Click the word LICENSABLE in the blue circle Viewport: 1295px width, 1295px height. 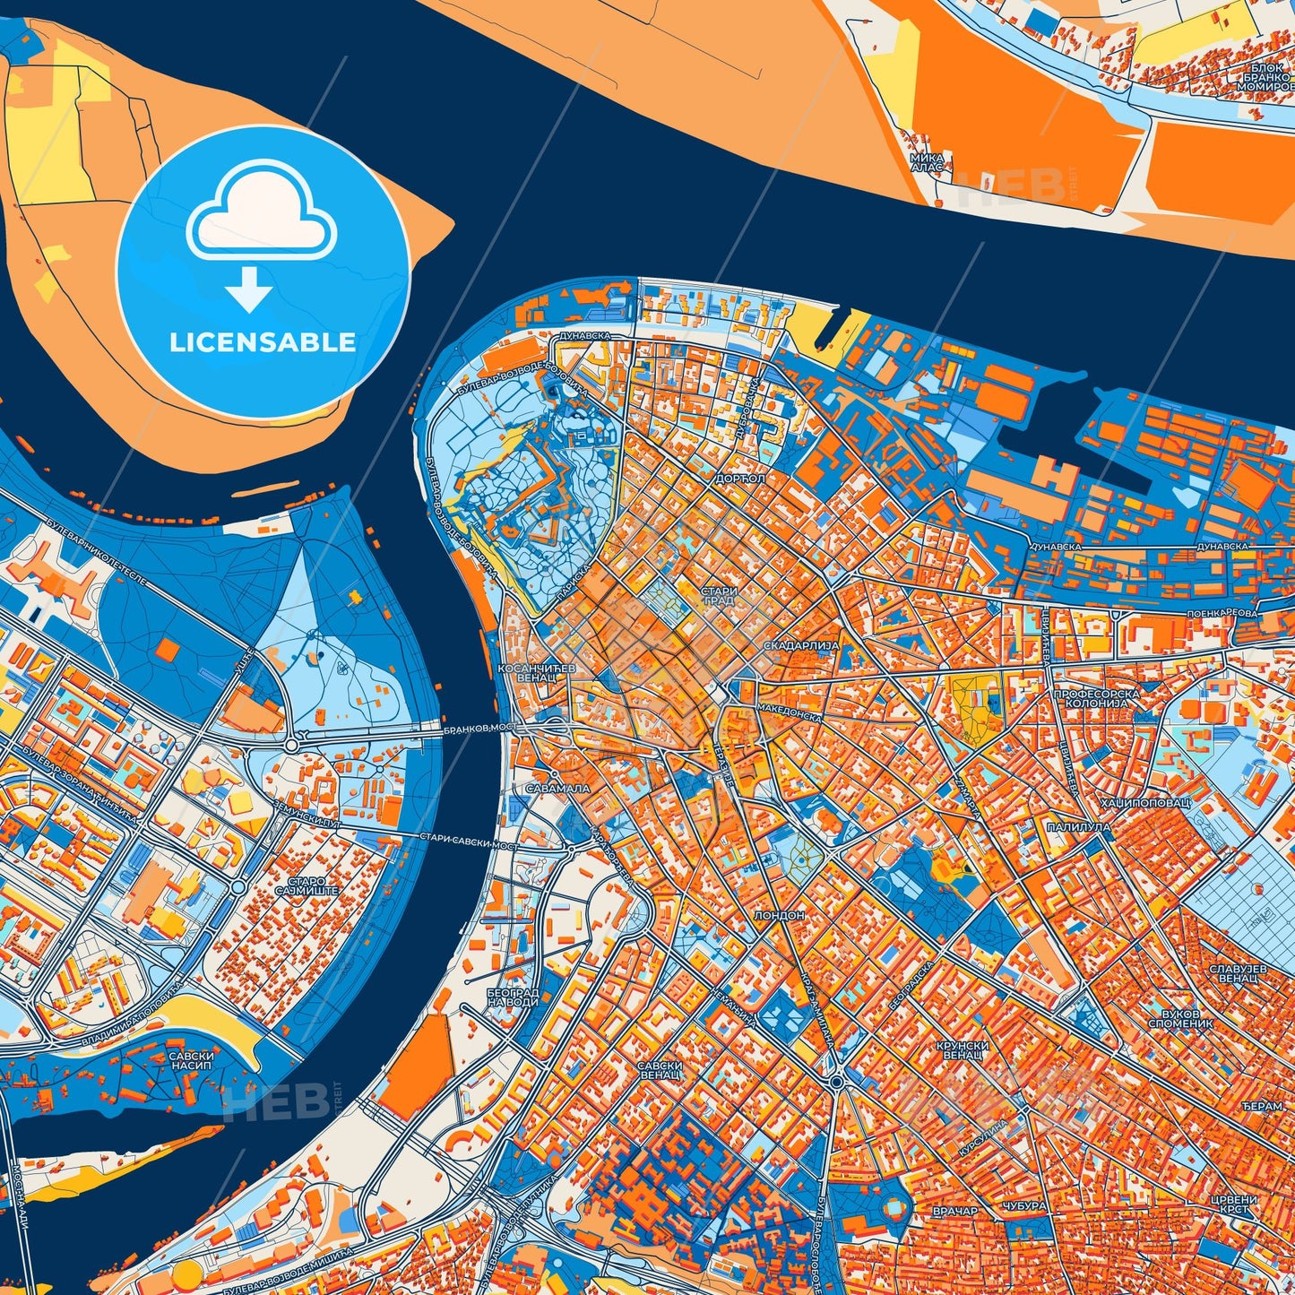(263, 341)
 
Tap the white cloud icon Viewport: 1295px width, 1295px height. (261, 211)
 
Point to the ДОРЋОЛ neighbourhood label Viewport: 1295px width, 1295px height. (740, 479)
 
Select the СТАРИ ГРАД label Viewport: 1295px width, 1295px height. (719, 596)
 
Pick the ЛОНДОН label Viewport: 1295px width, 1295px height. (780, 916)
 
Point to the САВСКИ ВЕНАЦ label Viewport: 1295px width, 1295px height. (660, 1071)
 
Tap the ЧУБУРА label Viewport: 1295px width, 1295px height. (1025, 1206)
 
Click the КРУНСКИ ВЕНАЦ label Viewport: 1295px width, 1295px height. (963, 1050)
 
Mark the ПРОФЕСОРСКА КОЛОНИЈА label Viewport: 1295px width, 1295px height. (1096, 699)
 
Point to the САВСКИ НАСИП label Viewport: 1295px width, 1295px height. (190, 1062)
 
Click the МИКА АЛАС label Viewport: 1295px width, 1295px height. (927, 161)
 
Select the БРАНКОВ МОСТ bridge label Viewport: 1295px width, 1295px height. (479, 730)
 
